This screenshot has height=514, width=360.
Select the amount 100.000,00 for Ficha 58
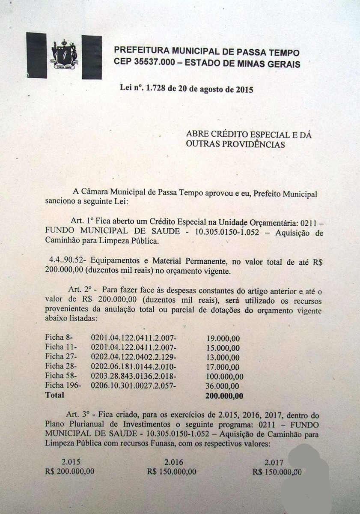coord(224,377)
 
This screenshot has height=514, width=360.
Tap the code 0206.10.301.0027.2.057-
coord(134,386)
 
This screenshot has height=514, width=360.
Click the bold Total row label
coord(55,395)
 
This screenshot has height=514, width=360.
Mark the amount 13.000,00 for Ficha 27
coord(223,358)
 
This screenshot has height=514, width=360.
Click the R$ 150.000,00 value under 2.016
coord(172,472)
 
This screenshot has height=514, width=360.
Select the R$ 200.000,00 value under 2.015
coord(70,472)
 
